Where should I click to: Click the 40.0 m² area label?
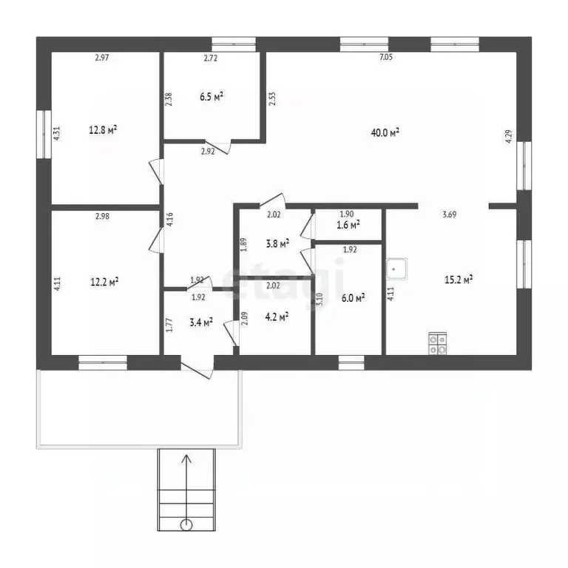point(385,132)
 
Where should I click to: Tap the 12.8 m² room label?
point(103,129)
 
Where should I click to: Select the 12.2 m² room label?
point(105,282)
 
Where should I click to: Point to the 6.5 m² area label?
point(212,97)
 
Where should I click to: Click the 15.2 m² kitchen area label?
point(459,280)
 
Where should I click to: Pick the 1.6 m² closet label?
point(348,225)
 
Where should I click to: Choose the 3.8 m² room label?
point(277,243)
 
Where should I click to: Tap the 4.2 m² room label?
point(277,317)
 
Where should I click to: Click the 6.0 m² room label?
point(354,298)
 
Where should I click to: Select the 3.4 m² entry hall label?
point(201,322)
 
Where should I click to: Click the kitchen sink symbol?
point(396,268)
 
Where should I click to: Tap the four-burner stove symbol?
point(438,343)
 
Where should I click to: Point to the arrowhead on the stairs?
point(186,459)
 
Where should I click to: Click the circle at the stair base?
point(186,524)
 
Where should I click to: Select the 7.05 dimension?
point(386,57)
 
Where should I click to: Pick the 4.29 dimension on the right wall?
point(509,137)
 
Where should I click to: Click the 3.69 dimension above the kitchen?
point(450,214)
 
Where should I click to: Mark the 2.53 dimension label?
point(272,98)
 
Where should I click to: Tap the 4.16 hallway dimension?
point(169,220)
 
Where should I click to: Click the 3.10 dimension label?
point(319,300)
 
